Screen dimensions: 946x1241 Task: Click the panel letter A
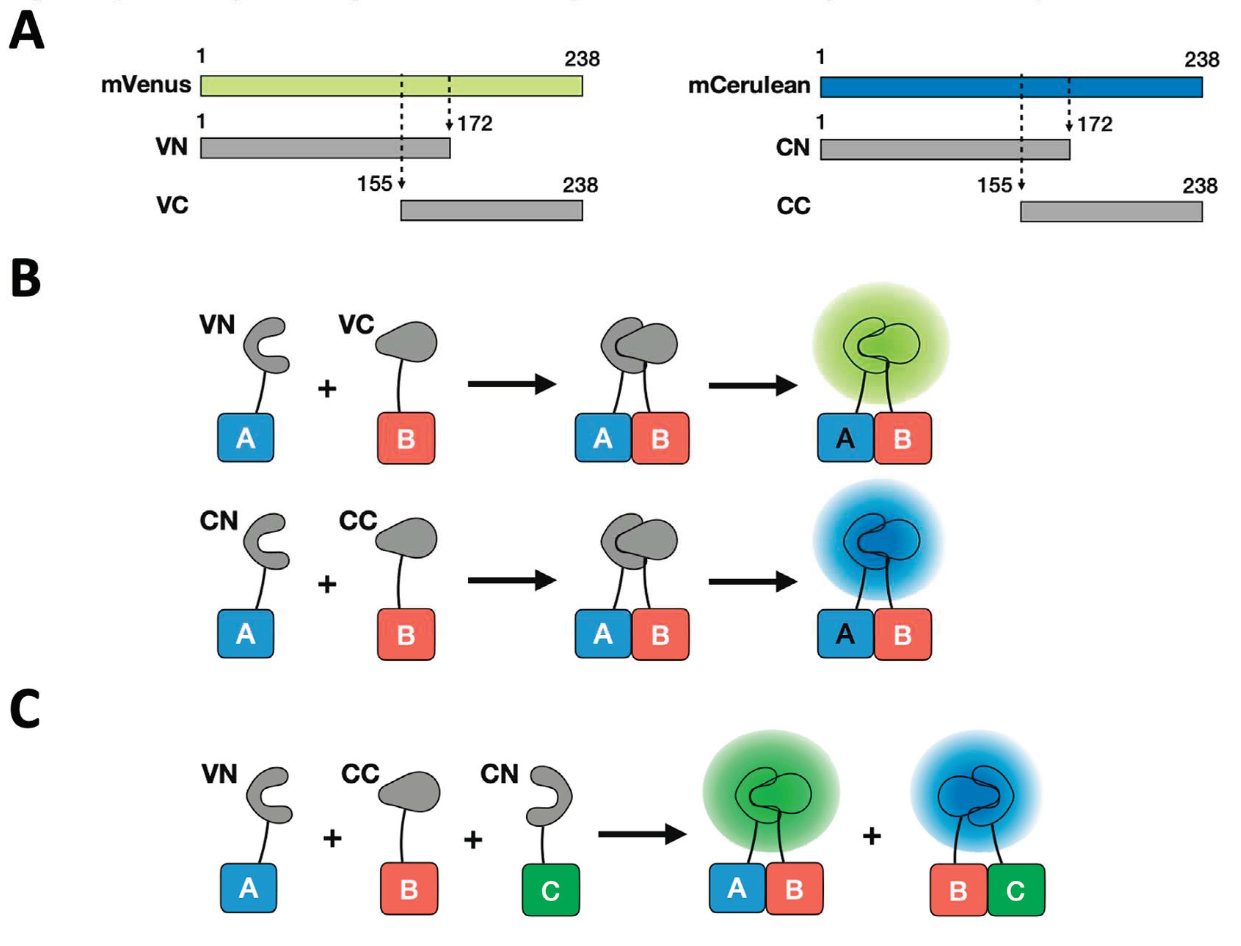[x=26, y=31]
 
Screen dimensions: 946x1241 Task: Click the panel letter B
[x=26, y=278]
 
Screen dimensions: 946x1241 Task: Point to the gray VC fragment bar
[x=491, y=211]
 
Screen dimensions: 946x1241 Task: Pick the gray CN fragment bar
[x=945, y=150]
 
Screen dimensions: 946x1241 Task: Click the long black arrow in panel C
[x=642, y=834]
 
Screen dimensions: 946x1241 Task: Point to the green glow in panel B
[x=880, y=343]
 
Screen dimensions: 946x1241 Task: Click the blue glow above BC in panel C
[x=976, y=791]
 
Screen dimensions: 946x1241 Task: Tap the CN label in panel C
[x=499, y=774]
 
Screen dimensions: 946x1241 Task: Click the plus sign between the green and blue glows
[x=871, y=836]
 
